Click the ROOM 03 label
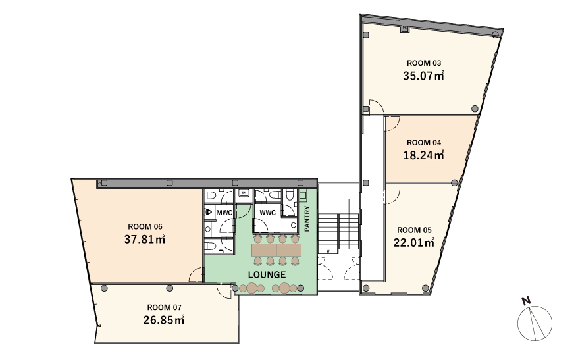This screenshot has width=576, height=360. [423, 63]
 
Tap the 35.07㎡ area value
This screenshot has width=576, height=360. [423, 76]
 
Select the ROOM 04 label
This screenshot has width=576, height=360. [423, 143]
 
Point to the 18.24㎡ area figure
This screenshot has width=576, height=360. [423, 155]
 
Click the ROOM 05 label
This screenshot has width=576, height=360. [414, 230]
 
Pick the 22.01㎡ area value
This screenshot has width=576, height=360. [414, 243]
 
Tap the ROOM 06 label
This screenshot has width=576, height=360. [145, 226]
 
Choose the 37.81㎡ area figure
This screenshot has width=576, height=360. [145, 239]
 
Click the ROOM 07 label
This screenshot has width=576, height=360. [164, 307]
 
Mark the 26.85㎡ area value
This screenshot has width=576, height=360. [164, 320]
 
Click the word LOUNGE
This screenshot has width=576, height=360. [267, 275]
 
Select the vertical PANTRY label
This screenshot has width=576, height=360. [307, 219]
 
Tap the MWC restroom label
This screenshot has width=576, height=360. [224, 213]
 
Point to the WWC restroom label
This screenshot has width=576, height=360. [267, 213]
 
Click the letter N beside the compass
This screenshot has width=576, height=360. [527, 301]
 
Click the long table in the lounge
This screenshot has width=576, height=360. [276, 250]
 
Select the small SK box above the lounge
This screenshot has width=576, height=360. [244, 193]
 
